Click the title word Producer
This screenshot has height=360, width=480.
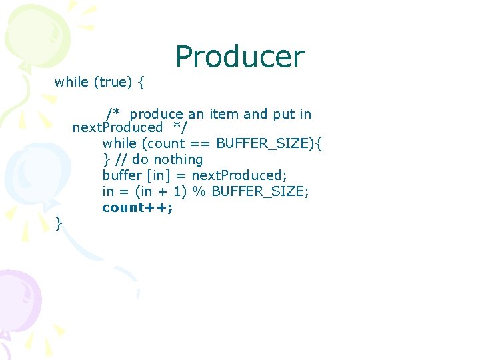coord(239,57)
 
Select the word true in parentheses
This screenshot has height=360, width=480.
coord(114,82)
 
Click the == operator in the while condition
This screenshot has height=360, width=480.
coord(199,143)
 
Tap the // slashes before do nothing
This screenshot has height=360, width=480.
coord(121,159)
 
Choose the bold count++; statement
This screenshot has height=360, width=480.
coord(137,207)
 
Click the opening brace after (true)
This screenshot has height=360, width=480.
coord(143,82)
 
